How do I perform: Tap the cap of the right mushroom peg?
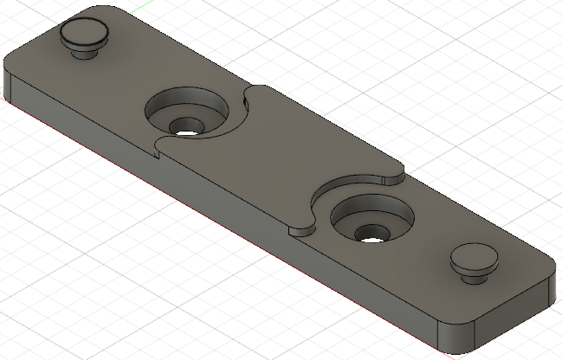click(473, 257)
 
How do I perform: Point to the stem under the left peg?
click(84, 52)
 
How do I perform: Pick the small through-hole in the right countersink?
click(371, 233)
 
